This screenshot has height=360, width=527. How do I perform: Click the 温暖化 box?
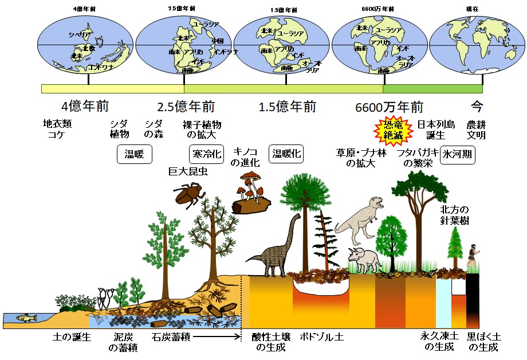click(x=286, y=153)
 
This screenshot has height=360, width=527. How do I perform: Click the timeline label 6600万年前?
click(x=389, y=107)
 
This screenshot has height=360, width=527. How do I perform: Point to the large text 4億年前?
click(x=85, y=107)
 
